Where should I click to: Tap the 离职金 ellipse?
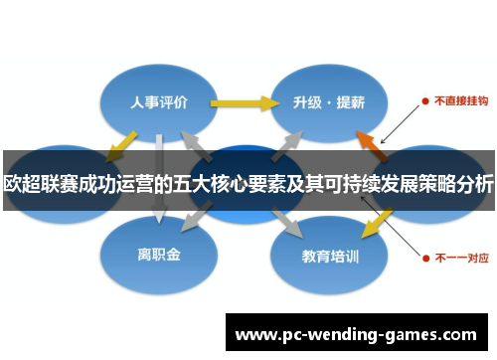coord(158,255)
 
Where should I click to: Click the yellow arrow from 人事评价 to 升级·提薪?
coord(243,101)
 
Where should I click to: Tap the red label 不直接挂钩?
coord(458,101)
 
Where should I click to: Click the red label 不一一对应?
coord(458,256)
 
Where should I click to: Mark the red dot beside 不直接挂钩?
coord(425,101)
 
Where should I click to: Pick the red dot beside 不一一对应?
coord(425,256)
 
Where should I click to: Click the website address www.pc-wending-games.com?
coord(357,334)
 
